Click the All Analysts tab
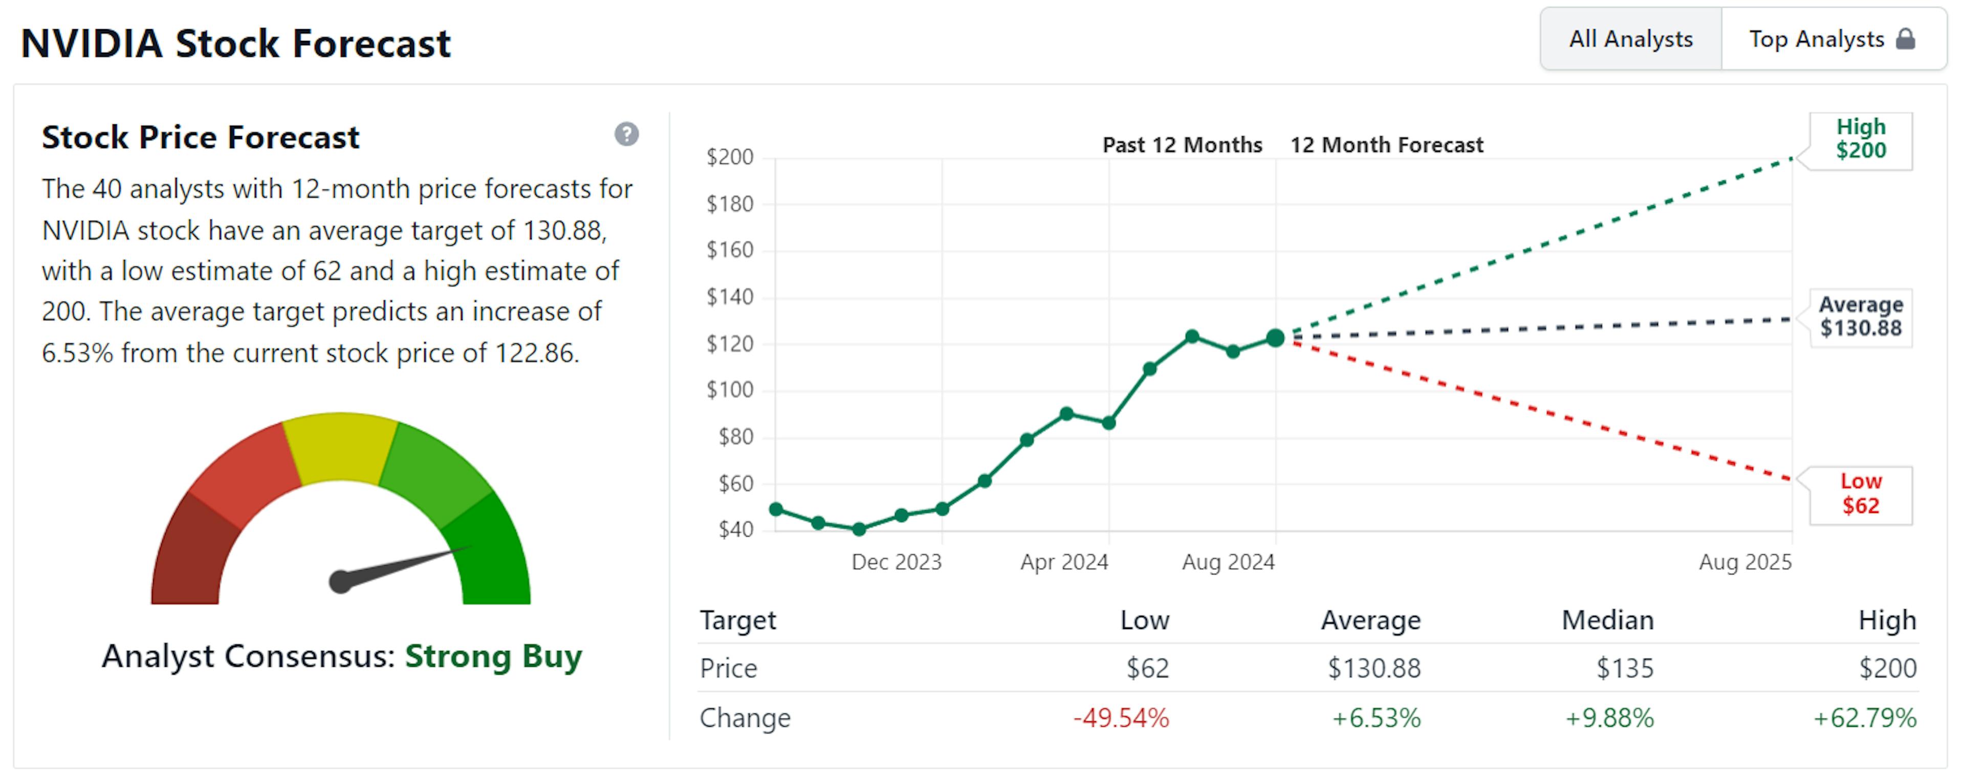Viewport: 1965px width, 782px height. pos(1630,39)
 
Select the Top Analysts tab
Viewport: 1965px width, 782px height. pos(1816,39)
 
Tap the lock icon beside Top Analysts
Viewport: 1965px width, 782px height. pos(1906,39)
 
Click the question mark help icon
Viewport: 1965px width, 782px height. pos(626,134)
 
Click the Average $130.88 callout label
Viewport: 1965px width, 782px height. pos(1861,316)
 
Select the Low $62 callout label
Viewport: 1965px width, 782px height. pos(1861,494)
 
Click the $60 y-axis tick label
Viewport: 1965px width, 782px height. pos(735,484)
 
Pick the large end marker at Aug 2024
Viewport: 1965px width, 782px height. pos(1275,338)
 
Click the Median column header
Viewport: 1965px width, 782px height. pos(1607,620)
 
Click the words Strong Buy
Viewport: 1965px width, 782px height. pos(493,656)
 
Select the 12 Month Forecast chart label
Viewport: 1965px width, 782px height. pos(1386,145)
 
